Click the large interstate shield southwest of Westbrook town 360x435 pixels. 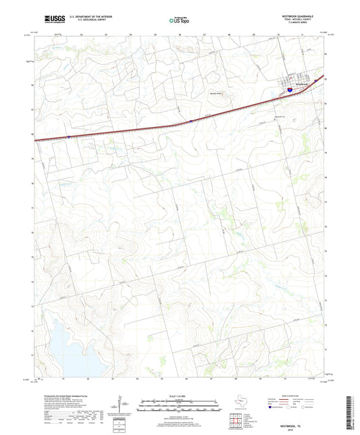click(288, 88)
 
